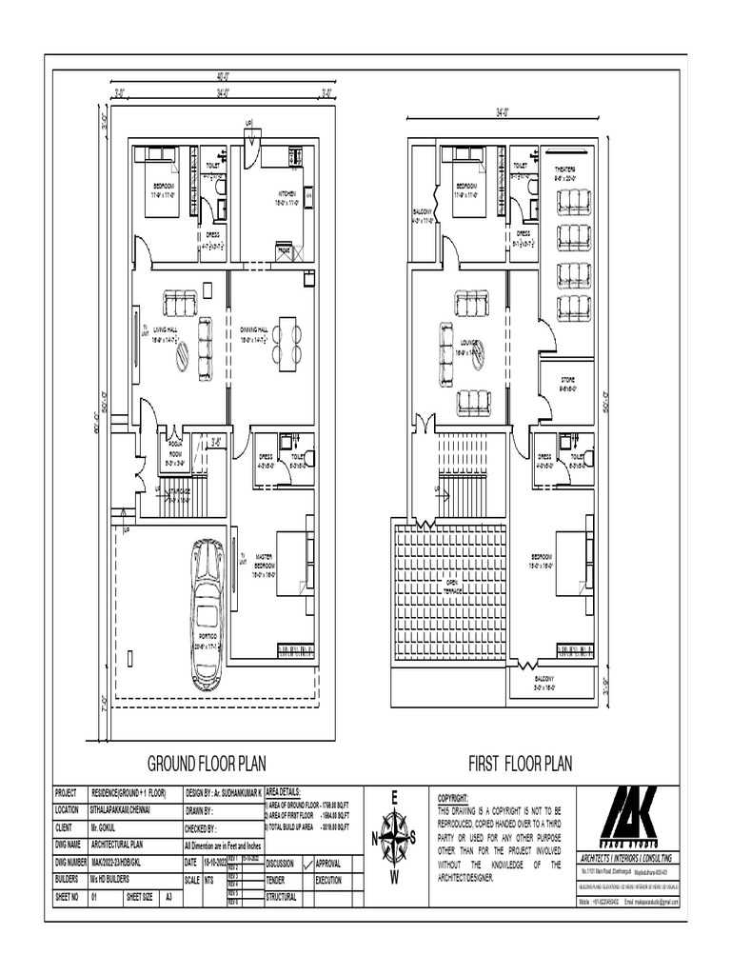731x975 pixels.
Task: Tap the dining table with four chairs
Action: pos(286,344)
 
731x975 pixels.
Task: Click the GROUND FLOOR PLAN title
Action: pos(206,763)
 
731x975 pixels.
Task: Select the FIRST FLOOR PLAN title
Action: pos(520,763)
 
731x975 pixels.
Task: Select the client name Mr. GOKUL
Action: pos(103,827)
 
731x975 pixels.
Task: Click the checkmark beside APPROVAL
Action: pos(305,863)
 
